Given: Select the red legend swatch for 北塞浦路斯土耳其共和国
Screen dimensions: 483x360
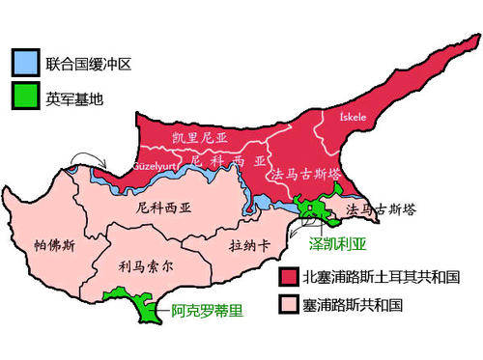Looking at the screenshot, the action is click(286, 277).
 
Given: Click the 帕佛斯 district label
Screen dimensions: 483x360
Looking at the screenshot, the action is click(53, 245).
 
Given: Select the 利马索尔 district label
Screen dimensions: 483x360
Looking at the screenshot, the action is click(144, 263).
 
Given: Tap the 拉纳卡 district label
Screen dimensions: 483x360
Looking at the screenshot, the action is click(250, 246).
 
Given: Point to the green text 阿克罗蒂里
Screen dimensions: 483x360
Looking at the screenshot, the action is click(204, 311).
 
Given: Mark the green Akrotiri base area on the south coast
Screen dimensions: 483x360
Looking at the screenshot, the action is click(148, 309).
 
